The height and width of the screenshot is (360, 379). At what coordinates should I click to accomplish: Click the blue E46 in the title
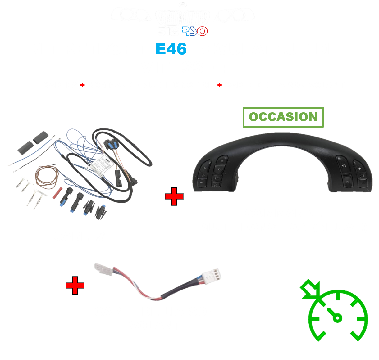tap(171, 49)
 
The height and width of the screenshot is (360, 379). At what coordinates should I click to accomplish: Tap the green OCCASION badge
tap(283, 117)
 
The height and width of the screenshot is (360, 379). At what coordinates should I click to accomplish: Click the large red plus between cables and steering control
tap(174, 196)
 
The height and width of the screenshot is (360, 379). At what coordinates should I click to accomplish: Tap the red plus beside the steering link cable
tap(75, 286)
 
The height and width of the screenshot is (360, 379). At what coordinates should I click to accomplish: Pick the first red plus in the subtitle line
tap(82, 85)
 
